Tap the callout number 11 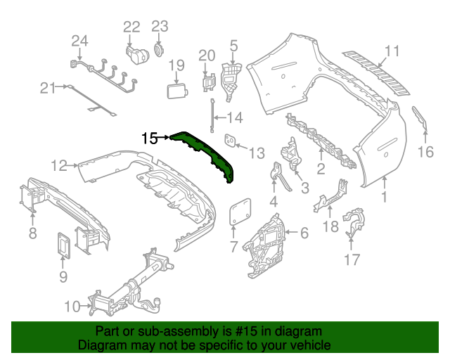[x=392, y=51]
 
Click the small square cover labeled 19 [x=175, y=91]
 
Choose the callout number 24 [x=79, y=41]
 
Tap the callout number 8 [x=32, y=233]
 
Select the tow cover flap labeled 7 [x=240, y=210]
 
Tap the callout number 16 [x=426, y=153]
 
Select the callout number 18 [x=330, y=227]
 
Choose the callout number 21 [x=47, y=88]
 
